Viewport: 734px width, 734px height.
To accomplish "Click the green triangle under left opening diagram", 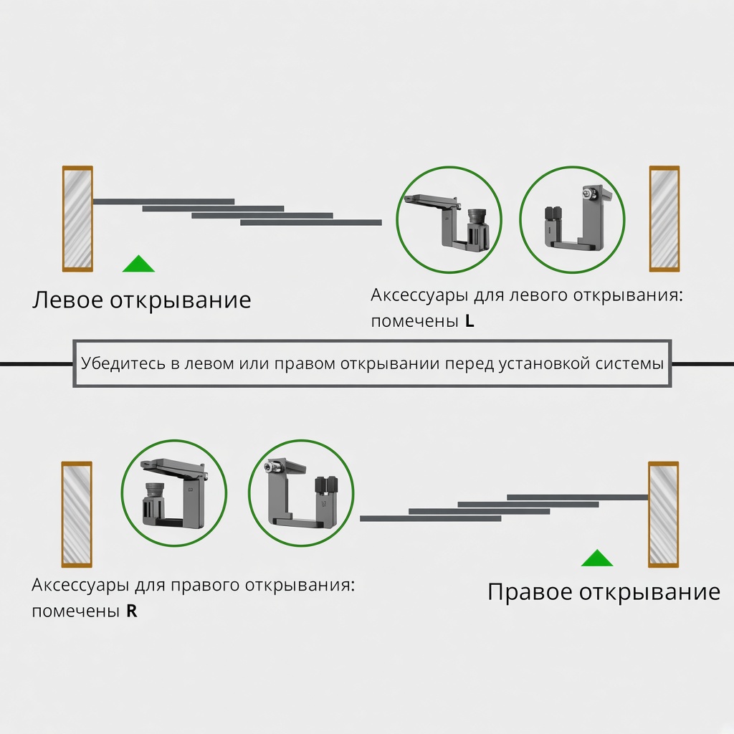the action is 138,265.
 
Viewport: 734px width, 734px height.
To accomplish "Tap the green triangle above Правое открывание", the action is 597,559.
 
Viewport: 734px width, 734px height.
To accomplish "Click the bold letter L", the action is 470,321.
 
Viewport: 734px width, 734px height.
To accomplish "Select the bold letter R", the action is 132,611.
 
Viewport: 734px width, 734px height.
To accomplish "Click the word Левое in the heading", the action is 68,300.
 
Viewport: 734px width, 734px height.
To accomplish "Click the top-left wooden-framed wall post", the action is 77,219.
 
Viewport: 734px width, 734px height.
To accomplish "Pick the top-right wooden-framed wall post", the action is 664,219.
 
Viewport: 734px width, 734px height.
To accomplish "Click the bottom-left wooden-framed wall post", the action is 77,514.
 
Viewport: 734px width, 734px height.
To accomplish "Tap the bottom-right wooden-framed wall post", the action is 663,514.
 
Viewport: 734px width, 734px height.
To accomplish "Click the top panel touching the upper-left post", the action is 164,201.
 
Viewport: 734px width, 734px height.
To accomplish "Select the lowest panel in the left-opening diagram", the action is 311,223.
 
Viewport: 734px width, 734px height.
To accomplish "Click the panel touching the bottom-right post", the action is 578,497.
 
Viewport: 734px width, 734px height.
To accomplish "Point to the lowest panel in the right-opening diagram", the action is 431,519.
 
